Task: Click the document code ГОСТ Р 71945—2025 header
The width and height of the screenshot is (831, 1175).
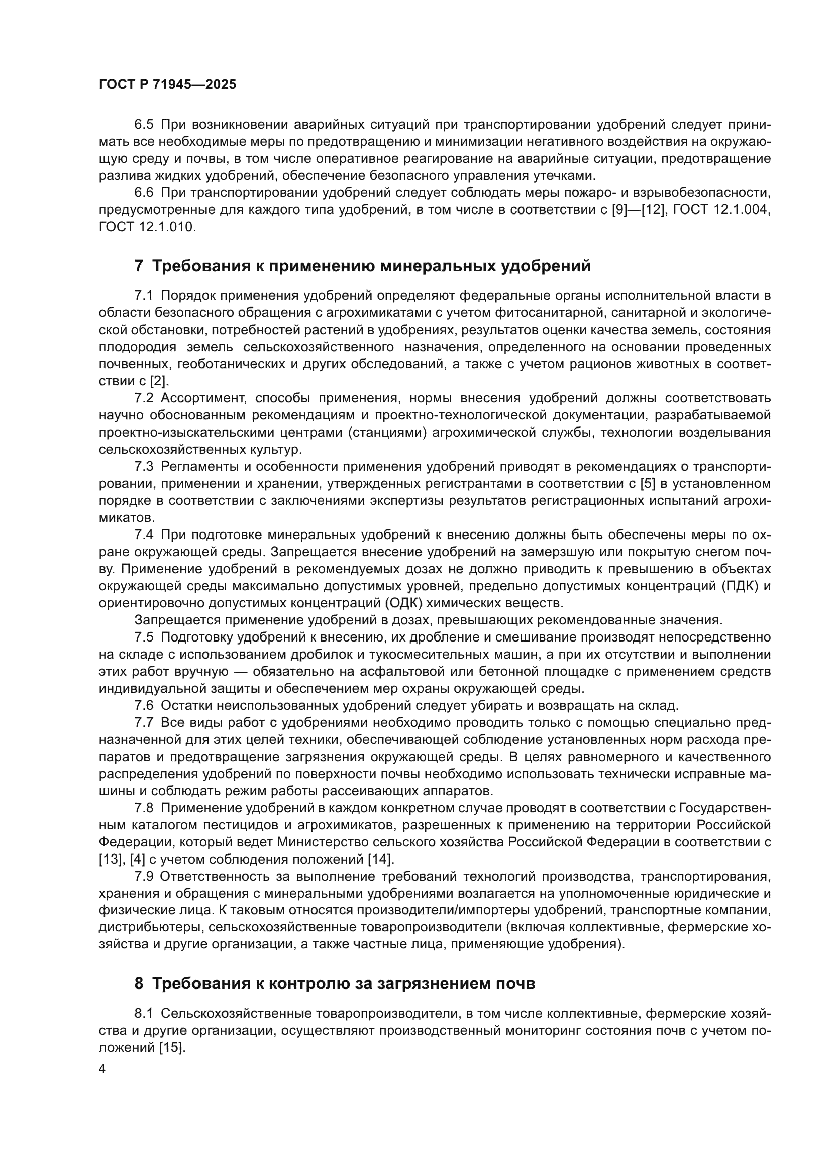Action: (167, 85)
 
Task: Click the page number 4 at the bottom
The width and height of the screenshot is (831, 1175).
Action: (102, 1069)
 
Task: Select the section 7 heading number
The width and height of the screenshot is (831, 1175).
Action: (139, 266)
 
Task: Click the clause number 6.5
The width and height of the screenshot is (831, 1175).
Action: (144, 125)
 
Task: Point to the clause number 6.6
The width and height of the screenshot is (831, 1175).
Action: (144, 192)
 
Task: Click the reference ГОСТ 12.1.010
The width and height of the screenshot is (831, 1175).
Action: (147, 227)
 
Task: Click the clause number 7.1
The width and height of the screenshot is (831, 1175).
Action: (144, 296)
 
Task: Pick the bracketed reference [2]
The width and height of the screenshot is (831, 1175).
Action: (159, 381)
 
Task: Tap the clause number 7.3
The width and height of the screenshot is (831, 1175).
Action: (144, 466)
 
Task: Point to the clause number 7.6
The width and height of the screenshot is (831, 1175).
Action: (144, 706)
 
